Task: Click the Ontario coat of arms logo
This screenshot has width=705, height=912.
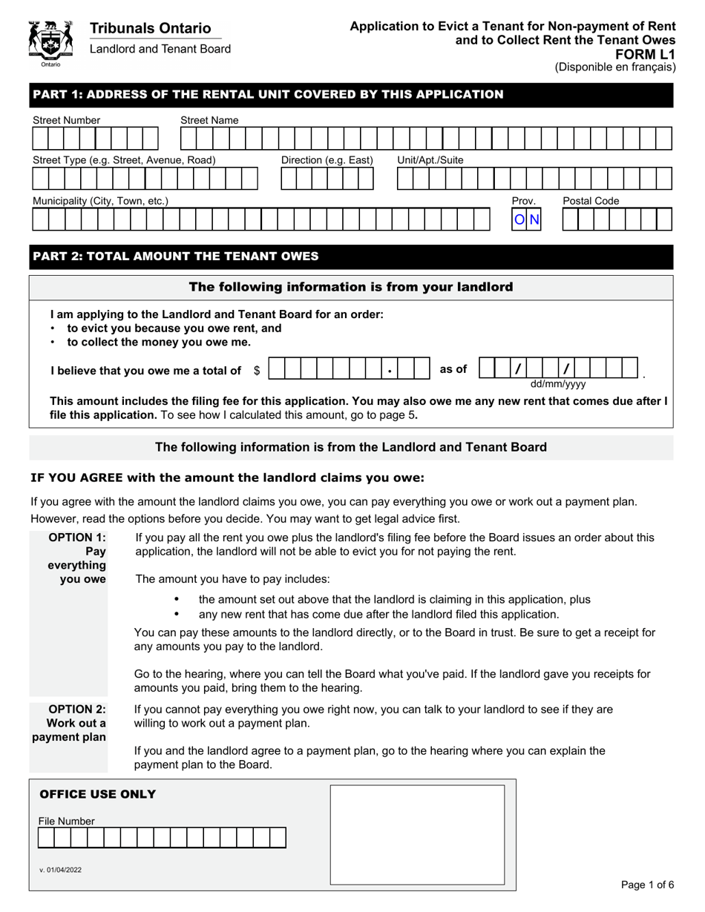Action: click(50, 43)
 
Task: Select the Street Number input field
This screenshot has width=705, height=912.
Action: click(95, 139)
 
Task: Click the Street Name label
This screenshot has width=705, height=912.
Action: click(209, 120)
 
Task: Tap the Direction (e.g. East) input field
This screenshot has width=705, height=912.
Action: click(327, 179)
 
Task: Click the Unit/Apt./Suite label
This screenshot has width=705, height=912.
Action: click(430, 160)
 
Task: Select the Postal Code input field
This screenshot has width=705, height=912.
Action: click(617, 219)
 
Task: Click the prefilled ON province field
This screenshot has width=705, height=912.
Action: click(527, 219)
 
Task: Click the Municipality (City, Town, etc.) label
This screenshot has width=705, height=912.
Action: click(100, 201)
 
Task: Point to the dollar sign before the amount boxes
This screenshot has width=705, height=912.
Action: click(257, 371)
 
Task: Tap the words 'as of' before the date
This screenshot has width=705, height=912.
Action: click(453, 369)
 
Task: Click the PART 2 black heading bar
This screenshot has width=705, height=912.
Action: click(351, 257)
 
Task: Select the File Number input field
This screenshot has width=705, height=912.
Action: click(162, 838)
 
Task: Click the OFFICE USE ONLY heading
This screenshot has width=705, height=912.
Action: click(97, 795)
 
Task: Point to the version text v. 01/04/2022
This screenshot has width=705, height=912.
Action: click(61, 870)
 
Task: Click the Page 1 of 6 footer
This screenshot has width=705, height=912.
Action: click(647, 885)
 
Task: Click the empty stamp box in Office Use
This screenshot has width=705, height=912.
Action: click(417, 834)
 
